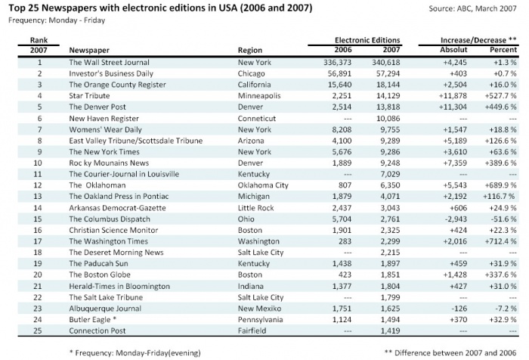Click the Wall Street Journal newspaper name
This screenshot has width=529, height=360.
click(x=109, y=62)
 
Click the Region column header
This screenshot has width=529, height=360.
click(x=250, y=50)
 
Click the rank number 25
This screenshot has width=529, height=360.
click(x=34, y=330)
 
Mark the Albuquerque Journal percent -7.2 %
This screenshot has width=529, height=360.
click(x=503, y=308)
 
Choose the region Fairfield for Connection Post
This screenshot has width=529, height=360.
click(x=253, y=330)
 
